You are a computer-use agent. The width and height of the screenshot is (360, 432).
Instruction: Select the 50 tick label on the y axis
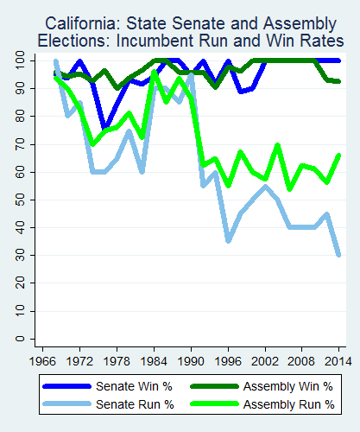click(x=19, y=200)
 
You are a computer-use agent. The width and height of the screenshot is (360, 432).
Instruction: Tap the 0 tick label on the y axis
click(x=19, y=340)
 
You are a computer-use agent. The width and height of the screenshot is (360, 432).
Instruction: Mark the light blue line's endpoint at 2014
click(x=338, y=255)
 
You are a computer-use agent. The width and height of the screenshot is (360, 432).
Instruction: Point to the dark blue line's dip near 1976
click(x=104, y=128)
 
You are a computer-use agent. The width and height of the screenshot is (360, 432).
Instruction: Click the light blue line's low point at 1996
click(x=228, y=241)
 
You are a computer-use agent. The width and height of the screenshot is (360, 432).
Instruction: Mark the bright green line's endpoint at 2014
click(x=338, y=156)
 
